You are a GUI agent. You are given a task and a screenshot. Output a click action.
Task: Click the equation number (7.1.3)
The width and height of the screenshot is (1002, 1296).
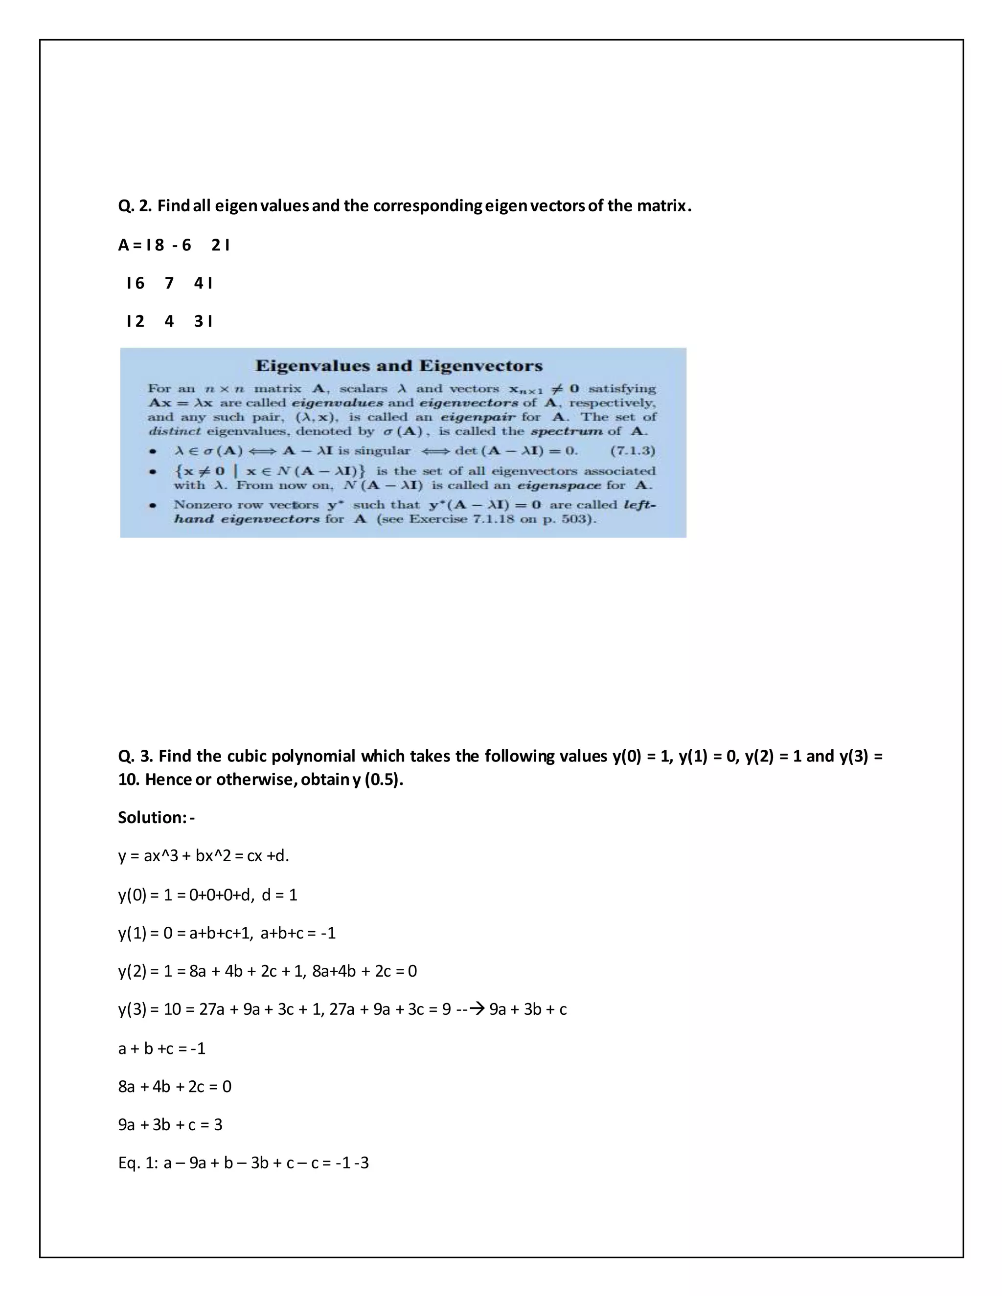(x=633, y=451)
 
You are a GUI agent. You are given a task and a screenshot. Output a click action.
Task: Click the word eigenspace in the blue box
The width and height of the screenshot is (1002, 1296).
(x=564, y=486)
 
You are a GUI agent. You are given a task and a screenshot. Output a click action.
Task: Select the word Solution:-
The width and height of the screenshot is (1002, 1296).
(x=156, y=818)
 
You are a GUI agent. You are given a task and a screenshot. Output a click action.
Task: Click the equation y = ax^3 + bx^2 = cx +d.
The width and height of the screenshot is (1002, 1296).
(x=204, y=856)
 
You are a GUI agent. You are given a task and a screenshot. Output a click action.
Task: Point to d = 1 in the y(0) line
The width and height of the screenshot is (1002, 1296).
(x=279, y=895)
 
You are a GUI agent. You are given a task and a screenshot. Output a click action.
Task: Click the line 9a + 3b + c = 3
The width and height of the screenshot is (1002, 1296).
(x=170, y=1124)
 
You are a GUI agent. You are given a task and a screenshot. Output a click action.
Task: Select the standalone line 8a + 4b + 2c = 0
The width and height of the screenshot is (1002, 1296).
(x=175, y=1087)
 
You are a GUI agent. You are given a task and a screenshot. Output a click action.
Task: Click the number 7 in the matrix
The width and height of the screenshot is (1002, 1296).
(x=169, y=284)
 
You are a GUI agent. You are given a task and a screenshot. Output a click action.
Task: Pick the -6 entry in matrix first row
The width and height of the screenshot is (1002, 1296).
(x=182, y=245)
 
